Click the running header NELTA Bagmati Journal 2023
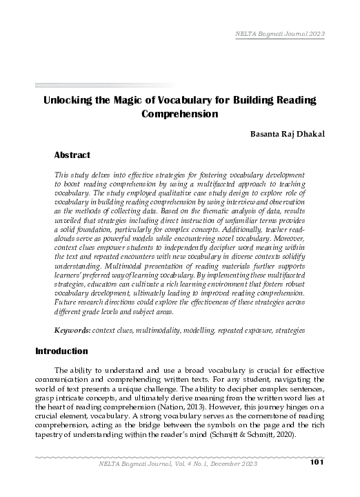tap(280, 34)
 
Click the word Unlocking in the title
tap(68, 100)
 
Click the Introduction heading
tap(61, 351)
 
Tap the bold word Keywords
tap(72, 331)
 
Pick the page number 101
tap(317, 480)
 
